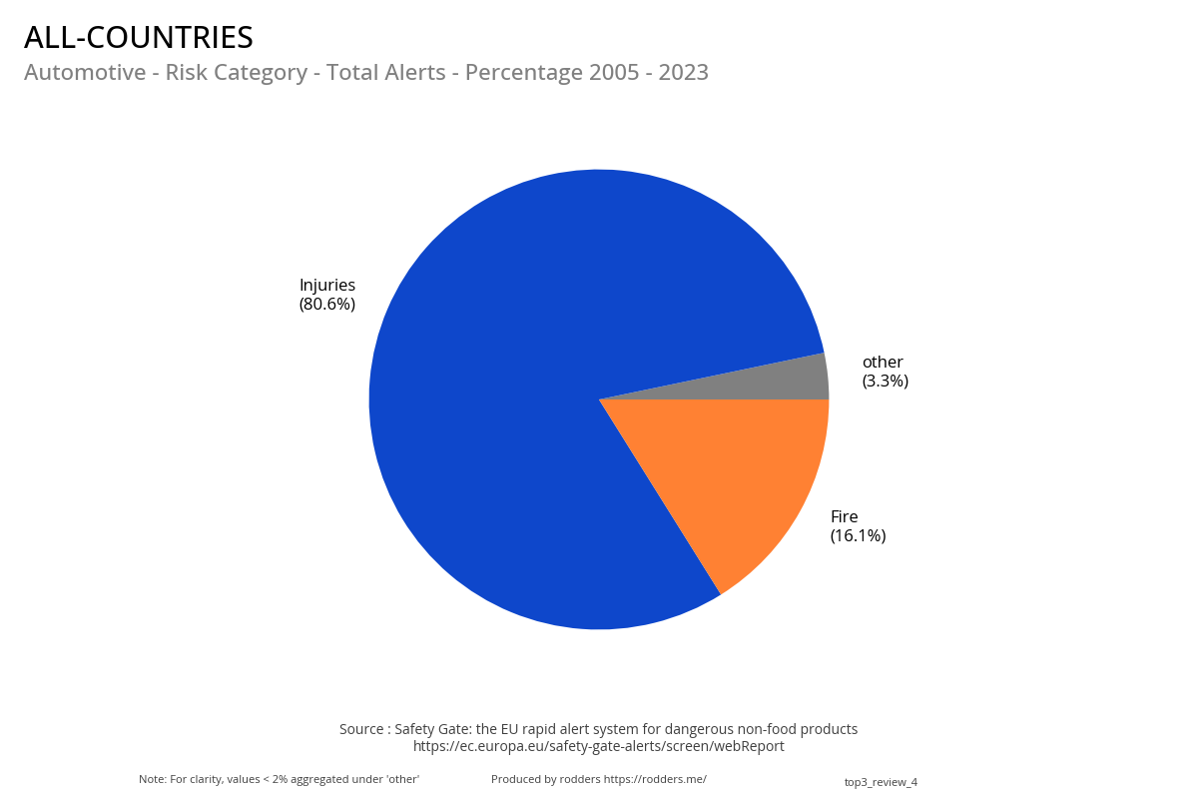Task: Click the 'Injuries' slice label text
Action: (x=327, y=285)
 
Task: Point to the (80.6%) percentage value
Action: (x=327, y=304)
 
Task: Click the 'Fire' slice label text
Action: (x=844, y=516)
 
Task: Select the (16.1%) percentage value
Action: (x=858, y=535)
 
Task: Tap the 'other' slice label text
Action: (x=883, y=362)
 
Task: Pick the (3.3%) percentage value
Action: (x=885, y=381)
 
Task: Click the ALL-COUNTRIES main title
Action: (x=139, y=38)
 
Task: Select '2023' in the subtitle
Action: (x=683, y=73)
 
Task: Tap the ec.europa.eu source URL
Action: (x=599, y=746)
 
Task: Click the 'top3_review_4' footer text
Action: (x=881, y=782)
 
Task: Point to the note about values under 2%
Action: (x=279, y=779)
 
